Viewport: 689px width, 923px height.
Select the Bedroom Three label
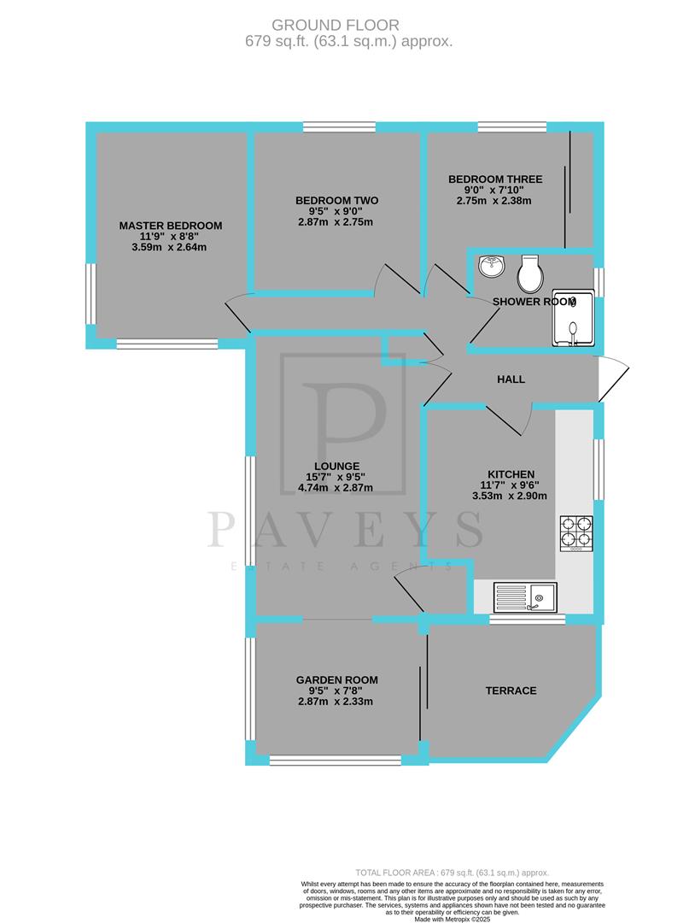[495, 179]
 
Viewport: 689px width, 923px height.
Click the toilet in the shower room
[528, 273]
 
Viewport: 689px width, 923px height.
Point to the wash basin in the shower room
[493, 267]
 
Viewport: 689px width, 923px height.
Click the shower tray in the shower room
[574, 321]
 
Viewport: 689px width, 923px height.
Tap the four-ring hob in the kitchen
[576, 533]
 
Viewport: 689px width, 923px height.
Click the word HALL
[511, 379]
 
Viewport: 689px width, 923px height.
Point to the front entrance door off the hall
[613, 378]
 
